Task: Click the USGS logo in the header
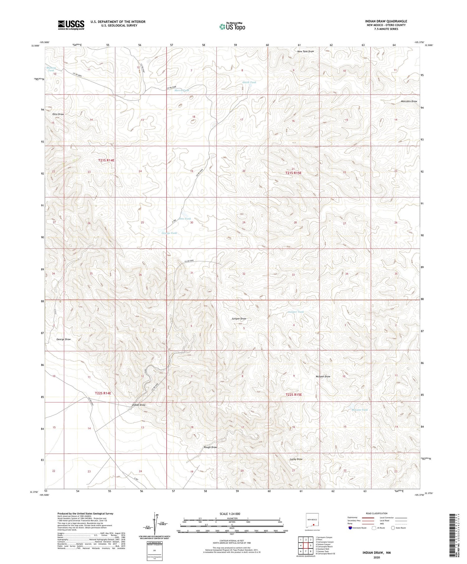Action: coord(71,25)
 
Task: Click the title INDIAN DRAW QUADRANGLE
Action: coord(386,21)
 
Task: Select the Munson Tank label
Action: coord(51,69)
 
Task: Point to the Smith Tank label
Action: coord(249,82)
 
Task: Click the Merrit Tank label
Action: coord(182,91)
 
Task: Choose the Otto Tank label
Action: coord(186,219)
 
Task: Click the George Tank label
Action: coord(169,233)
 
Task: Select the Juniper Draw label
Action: coord(239,319)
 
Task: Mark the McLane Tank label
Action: coord(360,410)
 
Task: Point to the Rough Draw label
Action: coord(210,447)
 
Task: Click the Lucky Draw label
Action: coord(296,459)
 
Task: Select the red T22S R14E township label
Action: coord(103,393)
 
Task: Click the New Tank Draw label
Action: coord(305,51)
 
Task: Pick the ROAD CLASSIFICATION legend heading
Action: coord(377,513)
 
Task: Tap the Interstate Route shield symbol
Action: coord(350,528)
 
